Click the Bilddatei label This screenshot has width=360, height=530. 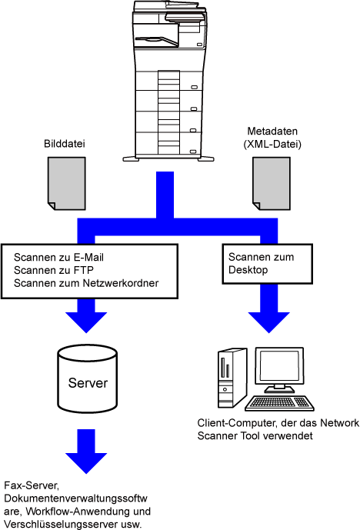[64, 144]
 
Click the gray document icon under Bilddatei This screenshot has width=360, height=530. [67, 183]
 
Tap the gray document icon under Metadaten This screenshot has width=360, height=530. [272, 183]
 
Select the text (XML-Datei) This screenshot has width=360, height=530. [272, 145]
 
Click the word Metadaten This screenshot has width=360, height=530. [272, 131]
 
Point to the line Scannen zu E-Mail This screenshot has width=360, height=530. [58, 258]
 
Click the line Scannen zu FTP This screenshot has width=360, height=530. [53, 271]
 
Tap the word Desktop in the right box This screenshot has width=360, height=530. [248, 270]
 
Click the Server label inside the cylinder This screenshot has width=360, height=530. [88, 383]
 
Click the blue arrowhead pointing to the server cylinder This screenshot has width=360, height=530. [86, 322]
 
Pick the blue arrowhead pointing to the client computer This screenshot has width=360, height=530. [269, 322]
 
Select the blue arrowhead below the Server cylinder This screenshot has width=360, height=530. [86, 463]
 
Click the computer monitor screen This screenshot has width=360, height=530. [279, 367]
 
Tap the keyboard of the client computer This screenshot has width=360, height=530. [279, 403]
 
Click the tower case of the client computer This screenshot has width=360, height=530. [232, 378]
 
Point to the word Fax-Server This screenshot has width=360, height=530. [32, 485]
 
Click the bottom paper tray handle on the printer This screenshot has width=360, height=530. [193, 152]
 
